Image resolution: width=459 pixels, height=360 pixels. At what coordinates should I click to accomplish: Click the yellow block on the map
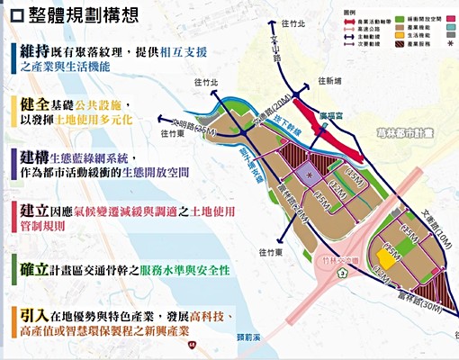[x=390, y=258]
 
